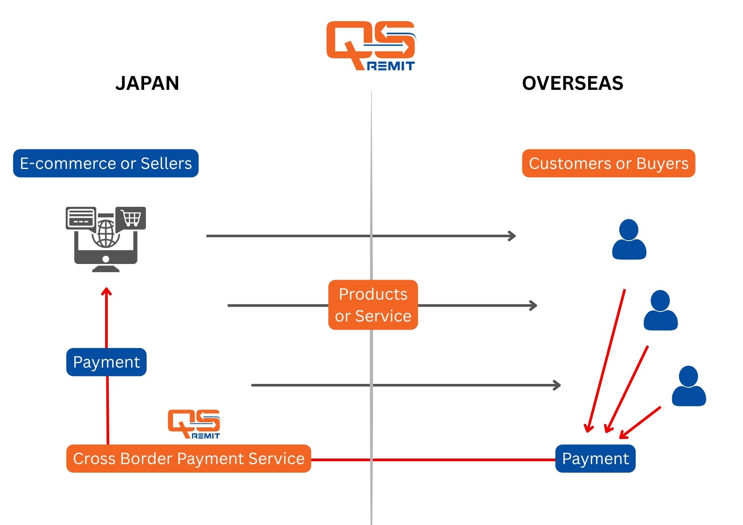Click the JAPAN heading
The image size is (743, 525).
point(147,83)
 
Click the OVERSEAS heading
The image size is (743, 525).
point(572,83)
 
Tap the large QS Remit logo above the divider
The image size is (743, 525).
point(371,45)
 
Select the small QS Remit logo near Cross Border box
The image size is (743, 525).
point(194,424)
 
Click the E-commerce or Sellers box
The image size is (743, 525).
point(106,163)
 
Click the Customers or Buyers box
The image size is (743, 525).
point(609,163)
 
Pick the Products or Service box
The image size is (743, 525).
point(373,305)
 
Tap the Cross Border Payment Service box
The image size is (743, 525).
point(189,459)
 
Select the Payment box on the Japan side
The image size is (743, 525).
point(107,362)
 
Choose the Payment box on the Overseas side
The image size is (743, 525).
point(595,459)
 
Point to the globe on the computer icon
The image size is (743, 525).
point(106,234)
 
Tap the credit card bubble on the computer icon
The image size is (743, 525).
point(81,218)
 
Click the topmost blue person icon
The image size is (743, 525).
point(629,239)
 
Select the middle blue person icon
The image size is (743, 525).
point(661,310)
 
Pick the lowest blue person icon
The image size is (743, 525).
point(689,386)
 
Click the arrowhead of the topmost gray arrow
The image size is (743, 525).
point(513,236)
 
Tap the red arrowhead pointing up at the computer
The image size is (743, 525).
point(107,291)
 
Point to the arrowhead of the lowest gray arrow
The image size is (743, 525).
point(557,385)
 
